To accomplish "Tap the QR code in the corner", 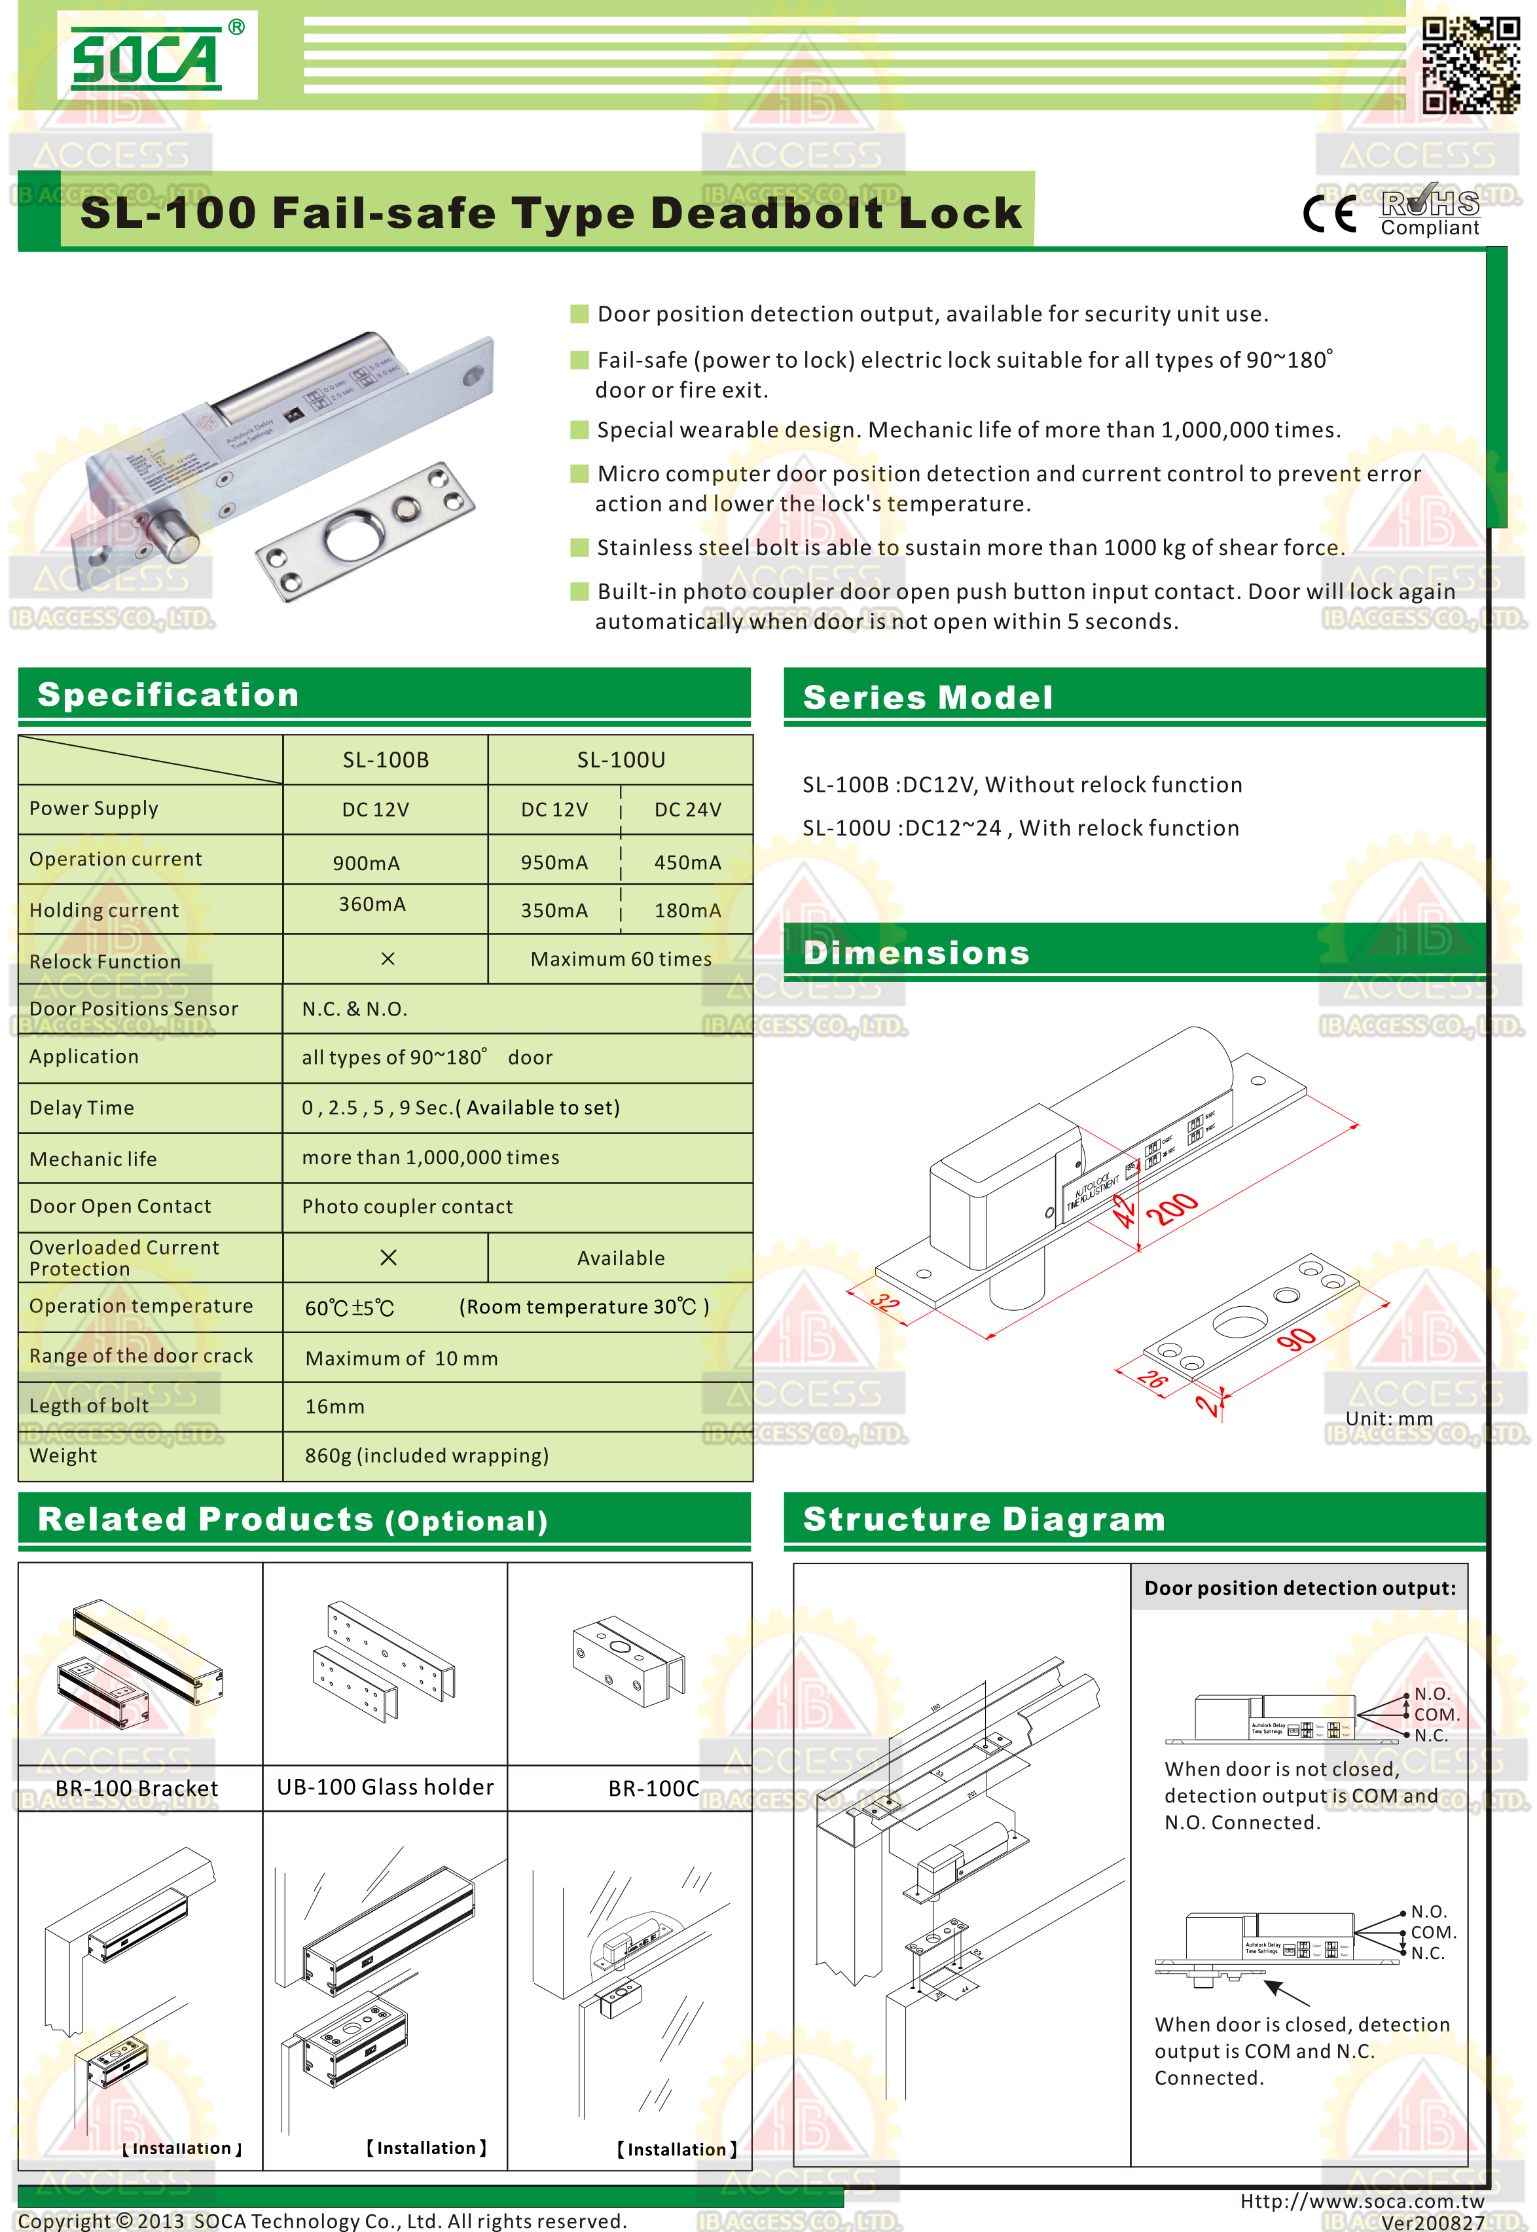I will tap(1470, 65).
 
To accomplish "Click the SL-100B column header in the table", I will tap(385, 760).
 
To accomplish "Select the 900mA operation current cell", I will tap(366, 863).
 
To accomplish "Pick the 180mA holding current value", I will tap(687, 910).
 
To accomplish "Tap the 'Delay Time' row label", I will tap(82, 1108).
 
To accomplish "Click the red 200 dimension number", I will tap(1172, 1208).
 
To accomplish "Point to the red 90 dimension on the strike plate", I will tap(1296, 1339).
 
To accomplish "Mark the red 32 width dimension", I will tap(884, 1302).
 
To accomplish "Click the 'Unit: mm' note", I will tap(1388, 1418).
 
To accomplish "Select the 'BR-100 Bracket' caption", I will tap(137, 1788).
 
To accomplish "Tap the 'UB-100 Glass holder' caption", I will tap(385, 1787).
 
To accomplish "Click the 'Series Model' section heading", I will tap(928, 697).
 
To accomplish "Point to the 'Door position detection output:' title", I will tap(1299, 1588).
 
